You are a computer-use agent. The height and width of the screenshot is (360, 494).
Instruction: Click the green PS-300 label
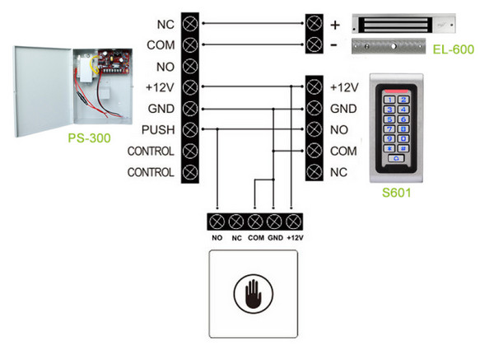[89, 138]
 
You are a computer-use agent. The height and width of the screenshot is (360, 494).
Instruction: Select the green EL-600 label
[453, 50]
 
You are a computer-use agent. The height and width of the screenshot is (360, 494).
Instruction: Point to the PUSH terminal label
[157, 130]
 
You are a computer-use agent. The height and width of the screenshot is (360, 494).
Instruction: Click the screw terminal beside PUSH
[191, 130]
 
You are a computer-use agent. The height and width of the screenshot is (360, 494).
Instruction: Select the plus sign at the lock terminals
[335, 23]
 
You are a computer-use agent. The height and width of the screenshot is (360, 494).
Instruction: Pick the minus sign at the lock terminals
[335, 44]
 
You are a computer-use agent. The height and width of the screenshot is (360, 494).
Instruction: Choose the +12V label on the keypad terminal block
[343, 87]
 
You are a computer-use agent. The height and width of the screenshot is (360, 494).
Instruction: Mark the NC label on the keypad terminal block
[338, 173]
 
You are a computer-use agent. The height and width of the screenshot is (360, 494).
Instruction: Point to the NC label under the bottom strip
[236, 238]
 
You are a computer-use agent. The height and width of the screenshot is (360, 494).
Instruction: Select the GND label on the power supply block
[159, 109]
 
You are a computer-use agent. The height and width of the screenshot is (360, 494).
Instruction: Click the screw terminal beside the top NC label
[191, 23]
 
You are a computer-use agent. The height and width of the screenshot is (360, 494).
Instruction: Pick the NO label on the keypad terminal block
[338, 130]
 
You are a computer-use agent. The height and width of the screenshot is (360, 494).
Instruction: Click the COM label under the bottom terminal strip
[254, 238]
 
